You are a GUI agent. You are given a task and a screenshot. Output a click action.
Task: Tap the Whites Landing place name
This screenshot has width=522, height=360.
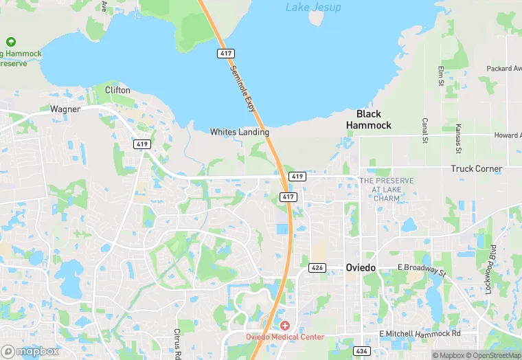pos(240,132)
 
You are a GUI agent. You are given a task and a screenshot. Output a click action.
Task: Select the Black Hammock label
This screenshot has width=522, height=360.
pos(369,120)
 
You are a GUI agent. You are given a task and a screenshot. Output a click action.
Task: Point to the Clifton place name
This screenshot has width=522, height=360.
pos(117,90)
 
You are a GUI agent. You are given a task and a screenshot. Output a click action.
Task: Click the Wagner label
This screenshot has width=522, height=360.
pos(65,109)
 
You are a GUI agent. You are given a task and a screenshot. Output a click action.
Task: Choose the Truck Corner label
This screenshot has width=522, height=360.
pos(476,168)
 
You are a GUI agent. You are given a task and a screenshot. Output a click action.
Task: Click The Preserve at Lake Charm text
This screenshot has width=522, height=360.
pos(387,189)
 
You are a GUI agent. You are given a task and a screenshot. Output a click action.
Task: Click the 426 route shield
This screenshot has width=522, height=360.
pos(317,267)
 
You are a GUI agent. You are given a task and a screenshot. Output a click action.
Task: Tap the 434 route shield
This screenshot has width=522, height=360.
pos(362,351)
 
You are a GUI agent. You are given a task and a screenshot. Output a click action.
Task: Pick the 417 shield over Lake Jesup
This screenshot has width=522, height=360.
pos(225,53)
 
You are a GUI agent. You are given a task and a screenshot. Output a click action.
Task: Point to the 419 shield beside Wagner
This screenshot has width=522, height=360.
pos(142,144)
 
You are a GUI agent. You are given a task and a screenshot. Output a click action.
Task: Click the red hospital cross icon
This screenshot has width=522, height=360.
pos(284,324)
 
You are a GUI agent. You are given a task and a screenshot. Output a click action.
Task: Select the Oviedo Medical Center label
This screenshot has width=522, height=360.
pos(285,337)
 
